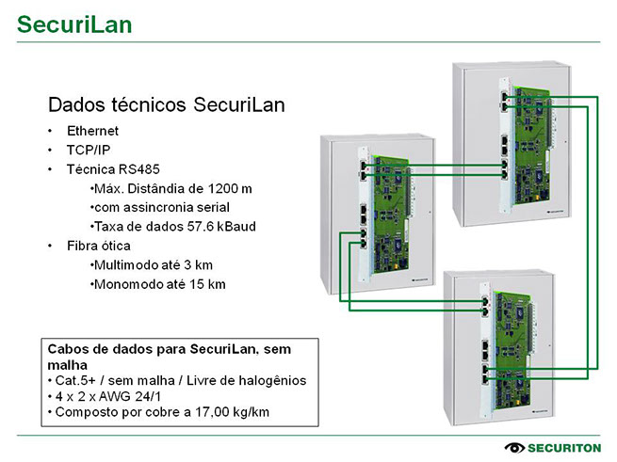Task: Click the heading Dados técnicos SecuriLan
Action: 166,104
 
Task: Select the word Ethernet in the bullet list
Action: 92,130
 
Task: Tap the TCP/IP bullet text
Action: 89,150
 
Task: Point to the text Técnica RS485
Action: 113,169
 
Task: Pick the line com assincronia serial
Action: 159,207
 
